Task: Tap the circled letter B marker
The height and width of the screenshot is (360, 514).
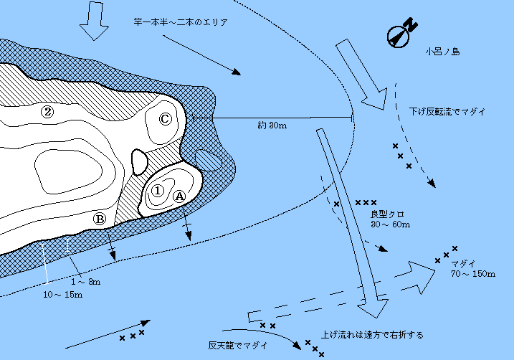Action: pos(100,218)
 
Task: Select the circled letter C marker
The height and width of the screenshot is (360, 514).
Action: pos(165,119)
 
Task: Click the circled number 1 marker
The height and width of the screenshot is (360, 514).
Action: pos(158,191)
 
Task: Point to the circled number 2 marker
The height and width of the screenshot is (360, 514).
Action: pos(47,112)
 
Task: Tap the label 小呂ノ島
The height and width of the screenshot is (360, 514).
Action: pos(441,51)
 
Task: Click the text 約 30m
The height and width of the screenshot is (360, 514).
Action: pos(272,125)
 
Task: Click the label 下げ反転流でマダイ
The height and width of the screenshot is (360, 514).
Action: pos(447,112)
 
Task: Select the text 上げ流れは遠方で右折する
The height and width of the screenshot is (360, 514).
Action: pos(372,335)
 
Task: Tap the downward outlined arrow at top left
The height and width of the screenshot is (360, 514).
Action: pos(93,21)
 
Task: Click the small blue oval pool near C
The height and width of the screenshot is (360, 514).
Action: pos(209,160)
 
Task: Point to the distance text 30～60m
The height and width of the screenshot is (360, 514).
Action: pos(390,225)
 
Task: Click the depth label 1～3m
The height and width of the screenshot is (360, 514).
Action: pos(90,282)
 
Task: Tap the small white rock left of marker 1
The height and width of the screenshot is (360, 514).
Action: pos(138,161)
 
